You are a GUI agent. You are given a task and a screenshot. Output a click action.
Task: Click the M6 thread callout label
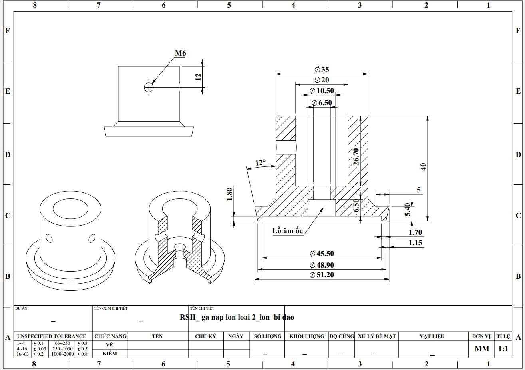click(x=181, y=53)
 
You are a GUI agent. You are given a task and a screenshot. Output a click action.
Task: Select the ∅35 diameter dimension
click(x=322, y=70)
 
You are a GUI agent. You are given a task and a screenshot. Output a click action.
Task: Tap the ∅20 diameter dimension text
click(x=322, y=80)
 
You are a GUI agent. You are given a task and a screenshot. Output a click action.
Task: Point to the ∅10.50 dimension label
click(x=322, y=90)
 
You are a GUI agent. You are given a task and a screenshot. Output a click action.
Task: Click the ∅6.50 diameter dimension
click(x=322, y=103)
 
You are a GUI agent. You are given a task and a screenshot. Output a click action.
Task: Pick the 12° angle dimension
click(x=261, y=162)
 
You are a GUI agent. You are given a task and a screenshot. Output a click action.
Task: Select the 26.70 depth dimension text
click(x=356, y=157)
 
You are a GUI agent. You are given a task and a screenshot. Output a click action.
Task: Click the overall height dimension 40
click(x=423, y=167)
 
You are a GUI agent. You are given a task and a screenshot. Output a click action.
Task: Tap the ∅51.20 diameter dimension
click(x=322, y=275)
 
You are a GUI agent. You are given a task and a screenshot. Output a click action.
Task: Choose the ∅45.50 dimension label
click(x=322, y=253)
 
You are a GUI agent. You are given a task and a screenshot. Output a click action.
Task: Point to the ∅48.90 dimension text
click(x=322, y=265)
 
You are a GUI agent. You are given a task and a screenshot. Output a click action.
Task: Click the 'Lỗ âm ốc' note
click(x=288, y=231)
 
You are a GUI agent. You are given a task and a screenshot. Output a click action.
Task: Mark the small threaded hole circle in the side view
click(x=149, y=87)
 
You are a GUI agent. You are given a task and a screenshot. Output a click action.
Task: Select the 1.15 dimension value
click(x=415, y=243)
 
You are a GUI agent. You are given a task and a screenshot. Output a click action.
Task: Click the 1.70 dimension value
click(x=415, y=232)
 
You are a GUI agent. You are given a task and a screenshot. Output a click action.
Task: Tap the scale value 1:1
click(x=503, y=349)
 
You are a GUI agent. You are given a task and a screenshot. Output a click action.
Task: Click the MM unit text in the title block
click(x=482, y=349)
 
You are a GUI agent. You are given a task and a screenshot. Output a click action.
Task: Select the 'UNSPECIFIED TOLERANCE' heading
click(x=52, y=336)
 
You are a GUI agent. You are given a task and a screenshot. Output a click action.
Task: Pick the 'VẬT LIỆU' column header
click(x=432, y=336)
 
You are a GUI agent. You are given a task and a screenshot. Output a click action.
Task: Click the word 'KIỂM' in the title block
click(x=110, y=353)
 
